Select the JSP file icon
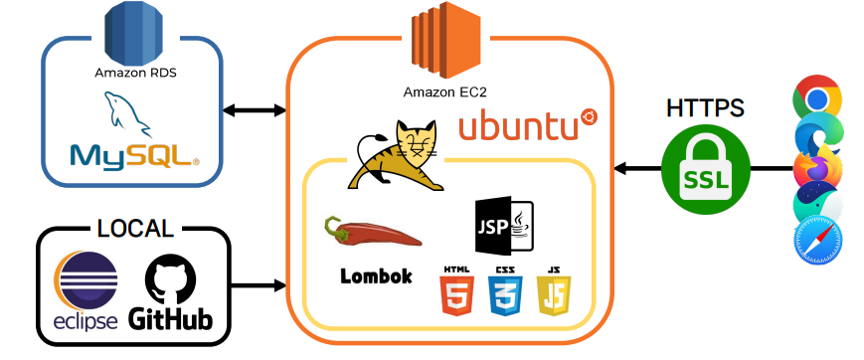[505, 225]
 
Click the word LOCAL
[135, 228]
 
